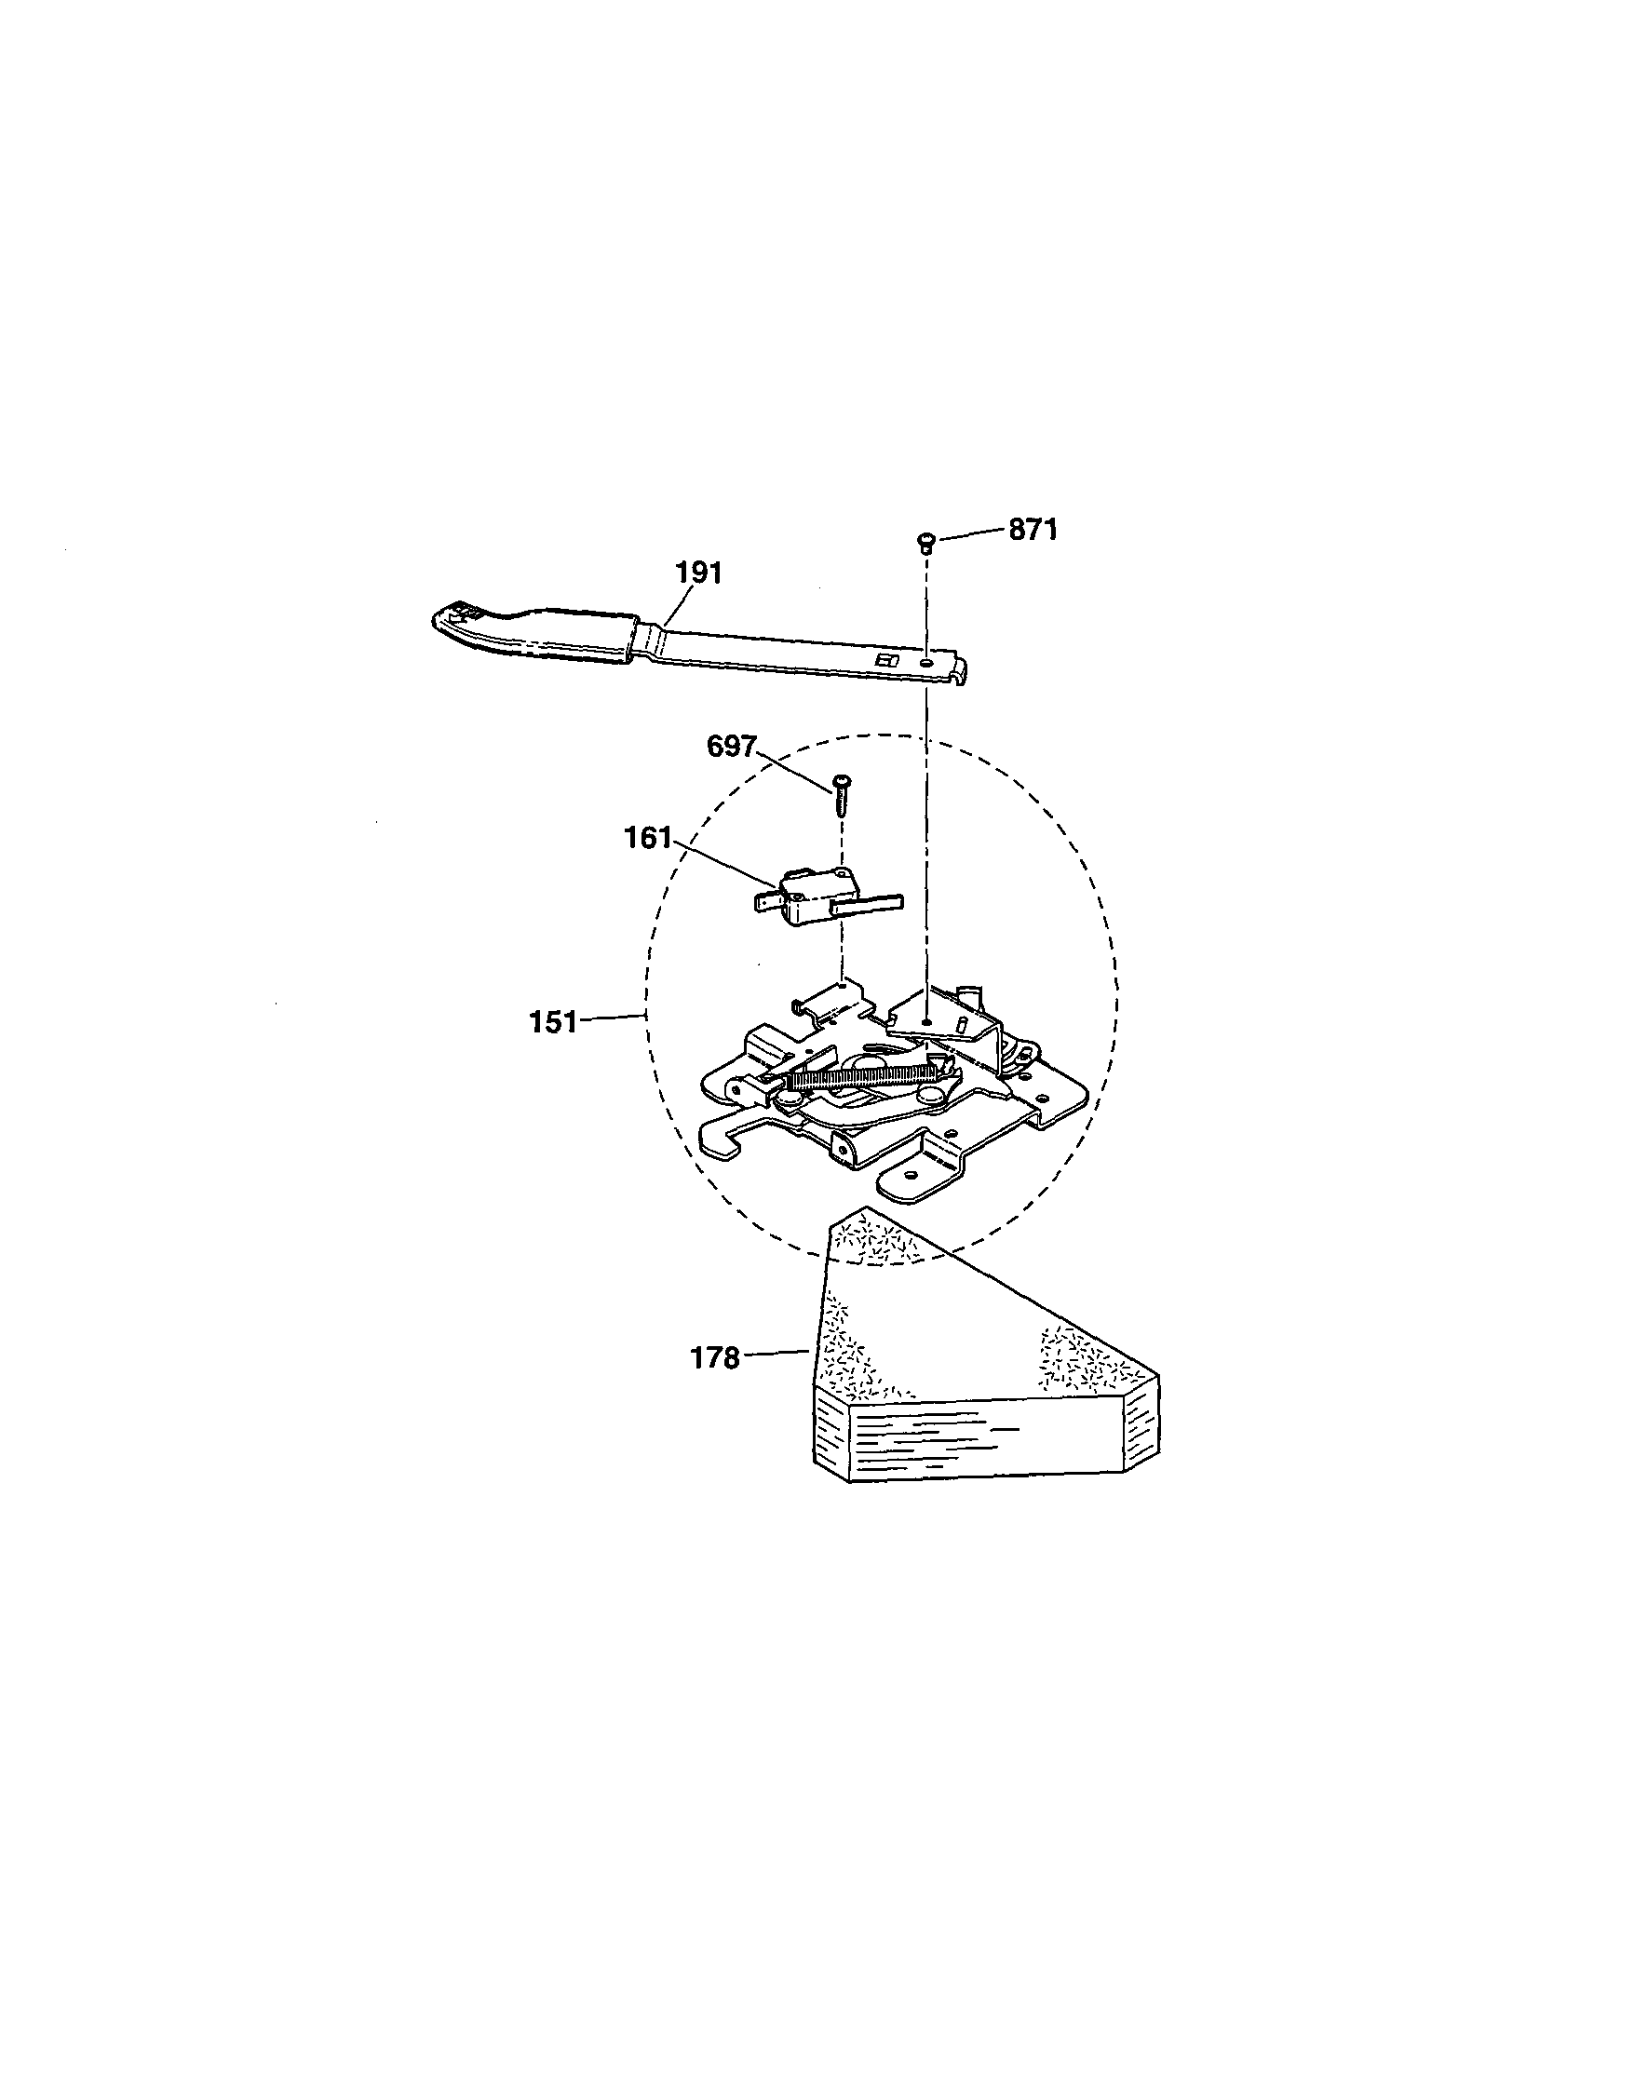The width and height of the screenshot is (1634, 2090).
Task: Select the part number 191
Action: point(699,573)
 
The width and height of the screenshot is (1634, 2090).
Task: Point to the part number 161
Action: point(648,838)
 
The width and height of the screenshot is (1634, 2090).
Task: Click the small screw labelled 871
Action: point(925,544)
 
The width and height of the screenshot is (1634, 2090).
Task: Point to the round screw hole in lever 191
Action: point(926,661)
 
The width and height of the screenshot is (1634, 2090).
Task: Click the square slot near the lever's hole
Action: point(886,659)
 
